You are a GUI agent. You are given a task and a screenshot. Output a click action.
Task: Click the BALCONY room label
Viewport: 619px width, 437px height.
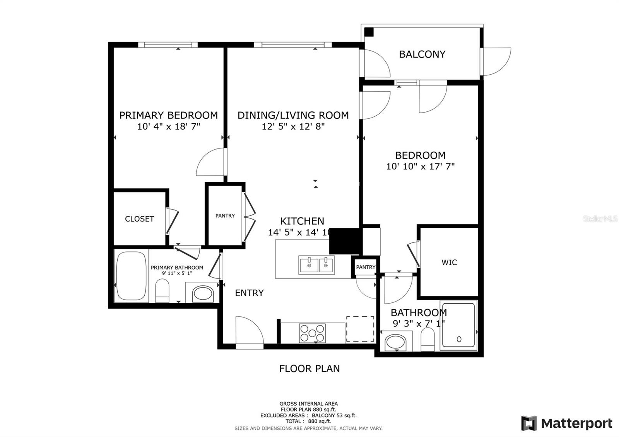(422, 54)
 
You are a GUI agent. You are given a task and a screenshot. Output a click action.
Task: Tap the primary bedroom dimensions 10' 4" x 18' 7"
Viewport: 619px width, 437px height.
(168, 126)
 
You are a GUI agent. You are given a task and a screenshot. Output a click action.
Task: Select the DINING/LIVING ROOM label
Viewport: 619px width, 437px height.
(293, 115)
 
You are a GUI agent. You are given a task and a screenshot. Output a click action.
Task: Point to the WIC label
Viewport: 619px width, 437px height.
(449, 263)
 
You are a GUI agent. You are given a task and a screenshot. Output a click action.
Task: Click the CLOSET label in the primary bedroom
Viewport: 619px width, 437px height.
(139, 219)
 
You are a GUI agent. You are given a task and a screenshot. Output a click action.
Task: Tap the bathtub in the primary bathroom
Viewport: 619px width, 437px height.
(131, 276)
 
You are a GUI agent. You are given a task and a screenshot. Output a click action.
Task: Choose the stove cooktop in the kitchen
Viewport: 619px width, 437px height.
(312, 333)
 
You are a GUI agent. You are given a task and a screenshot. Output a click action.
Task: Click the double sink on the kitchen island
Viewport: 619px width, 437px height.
(316, 265)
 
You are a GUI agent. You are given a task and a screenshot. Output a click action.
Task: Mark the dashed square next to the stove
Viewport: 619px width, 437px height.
(360, 329)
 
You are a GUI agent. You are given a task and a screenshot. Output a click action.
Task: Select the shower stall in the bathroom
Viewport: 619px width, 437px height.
(458, 325)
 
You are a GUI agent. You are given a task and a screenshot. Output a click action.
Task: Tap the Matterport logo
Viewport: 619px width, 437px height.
(567, 423)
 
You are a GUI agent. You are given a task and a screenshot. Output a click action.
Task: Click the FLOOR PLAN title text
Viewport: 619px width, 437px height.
(309, 369)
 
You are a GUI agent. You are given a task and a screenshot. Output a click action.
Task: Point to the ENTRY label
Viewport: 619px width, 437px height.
(249, 293)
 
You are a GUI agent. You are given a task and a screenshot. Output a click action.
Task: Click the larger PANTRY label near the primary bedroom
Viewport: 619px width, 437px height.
(225, 216)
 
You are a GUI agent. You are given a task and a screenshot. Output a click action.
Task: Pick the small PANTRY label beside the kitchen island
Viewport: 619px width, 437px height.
(366, 267)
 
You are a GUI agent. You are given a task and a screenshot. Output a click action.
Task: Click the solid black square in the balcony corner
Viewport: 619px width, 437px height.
(369, 32)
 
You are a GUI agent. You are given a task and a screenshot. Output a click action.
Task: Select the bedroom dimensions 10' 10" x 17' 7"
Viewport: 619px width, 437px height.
(420, 167)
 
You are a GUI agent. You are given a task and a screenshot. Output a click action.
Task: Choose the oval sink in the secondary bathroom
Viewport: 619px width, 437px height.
(396, 342)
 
